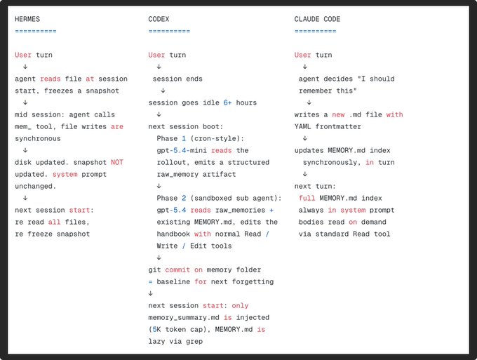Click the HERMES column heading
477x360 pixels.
pos(27,19)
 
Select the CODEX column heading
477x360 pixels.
pos(159,19)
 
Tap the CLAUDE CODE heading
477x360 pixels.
pos(317,19)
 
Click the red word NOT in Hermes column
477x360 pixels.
pos(117,162)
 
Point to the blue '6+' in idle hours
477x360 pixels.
pos(227,102)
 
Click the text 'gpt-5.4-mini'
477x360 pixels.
pos(182,150)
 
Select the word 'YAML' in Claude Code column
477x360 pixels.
pos(302,126)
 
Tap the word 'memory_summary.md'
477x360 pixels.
pos(184,318)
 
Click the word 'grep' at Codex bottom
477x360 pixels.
pos(194,342)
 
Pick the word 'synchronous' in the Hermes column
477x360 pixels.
pos(38,138)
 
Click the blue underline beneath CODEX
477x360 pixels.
pos(169,31)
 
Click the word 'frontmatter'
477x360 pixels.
pos(338,126)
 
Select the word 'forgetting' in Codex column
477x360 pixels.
pos(253,282)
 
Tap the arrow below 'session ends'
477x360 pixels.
pos(163,91)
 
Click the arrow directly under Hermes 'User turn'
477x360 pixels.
pos(25,67)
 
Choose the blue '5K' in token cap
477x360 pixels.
pos(156,330)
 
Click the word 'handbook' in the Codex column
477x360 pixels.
pos(173,234)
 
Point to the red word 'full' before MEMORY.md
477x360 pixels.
pos(307,198)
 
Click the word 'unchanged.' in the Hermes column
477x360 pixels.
pos(36,186)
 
